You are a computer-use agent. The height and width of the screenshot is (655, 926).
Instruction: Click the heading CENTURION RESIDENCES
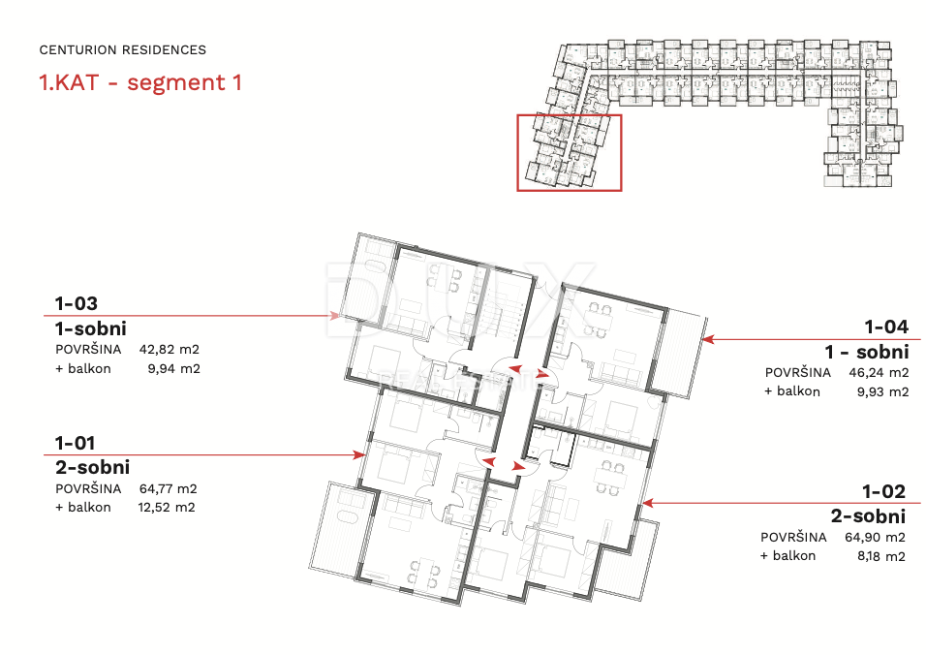point(123,50)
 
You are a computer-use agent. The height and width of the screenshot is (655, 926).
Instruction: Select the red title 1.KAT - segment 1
point(140,82)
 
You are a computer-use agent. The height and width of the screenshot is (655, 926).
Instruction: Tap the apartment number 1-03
point(77,303)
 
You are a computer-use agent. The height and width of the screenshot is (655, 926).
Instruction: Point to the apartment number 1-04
point(886,327)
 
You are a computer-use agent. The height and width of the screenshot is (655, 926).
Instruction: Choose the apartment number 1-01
point(75,443)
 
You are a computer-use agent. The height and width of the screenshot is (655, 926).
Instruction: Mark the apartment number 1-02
point(883,491)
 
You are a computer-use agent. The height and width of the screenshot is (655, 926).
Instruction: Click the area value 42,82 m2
point(170,349)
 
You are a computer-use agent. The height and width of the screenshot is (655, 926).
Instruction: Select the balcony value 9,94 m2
point(173,369)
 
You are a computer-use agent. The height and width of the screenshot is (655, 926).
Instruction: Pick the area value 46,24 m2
point(879,373)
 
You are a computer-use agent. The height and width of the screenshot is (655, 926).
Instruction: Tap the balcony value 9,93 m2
point(882,391)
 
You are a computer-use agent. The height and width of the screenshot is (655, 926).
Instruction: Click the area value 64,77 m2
point(169,489)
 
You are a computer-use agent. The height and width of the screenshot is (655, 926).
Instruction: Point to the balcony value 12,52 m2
point(167,508)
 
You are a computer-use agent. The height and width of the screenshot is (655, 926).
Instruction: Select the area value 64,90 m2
point(876,538)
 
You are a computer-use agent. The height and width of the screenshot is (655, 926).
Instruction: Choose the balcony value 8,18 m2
point(881,556)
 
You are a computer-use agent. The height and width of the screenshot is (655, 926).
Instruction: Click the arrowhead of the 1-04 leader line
point(707,339)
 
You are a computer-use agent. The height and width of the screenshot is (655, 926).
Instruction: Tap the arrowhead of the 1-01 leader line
point(359,454)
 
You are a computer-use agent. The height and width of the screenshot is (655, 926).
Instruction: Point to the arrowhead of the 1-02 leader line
point(648,503)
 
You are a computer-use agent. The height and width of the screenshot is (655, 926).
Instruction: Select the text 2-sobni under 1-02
point(868,516)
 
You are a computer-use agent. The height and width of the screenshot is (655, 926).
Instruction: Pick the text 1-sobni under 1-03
point(91,329)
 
